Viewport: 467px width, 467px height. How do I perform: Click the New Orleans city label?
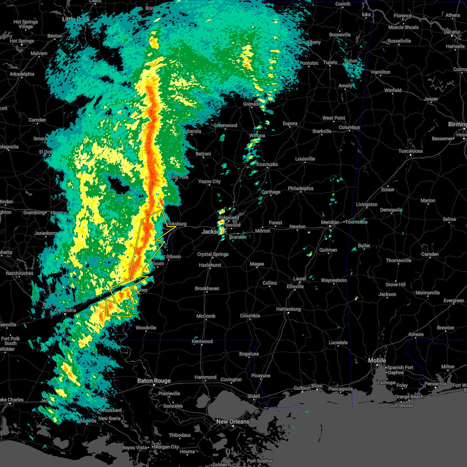(233, 421)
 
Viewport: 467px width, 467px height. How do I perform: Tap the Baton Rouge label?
(154, 381)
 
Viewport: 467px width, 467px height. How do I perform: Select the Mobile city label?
(377, 360)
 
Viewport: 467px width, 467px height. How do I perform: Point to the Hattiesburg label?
(288, 309)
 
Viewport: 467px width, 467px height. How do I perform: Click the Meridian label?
(330, 222)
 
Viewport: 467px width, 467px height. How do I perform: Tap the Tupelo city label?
(330, 62)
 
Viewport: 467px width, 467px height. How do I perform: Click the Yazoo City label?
(209, 181)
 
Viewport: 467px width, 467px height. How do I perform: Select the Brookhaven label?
(207, 288)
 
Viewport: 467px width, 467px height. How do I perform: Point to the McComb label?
(206, 316)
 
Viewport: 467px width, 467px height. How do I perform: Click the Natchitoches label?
(19, 273)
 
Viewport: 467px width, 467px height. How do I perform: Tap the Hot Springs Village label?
(26, 24)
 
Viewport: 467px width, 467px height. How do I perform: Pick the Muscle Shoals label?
(404, 27)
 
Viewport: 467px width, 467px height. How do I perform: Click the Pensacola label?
(435, 384)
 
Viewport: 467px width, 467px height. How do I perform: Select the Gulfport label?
(302, 388)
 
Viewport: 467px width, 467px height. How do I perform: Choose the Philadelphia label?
(300, 188)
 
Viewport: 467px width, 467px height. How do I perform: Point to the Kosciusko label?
(267, 164)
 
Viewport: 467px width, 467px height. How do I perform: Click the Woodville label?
(146, 328)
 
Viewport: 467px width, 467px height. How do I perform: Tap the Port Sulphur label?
(260, 461)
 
